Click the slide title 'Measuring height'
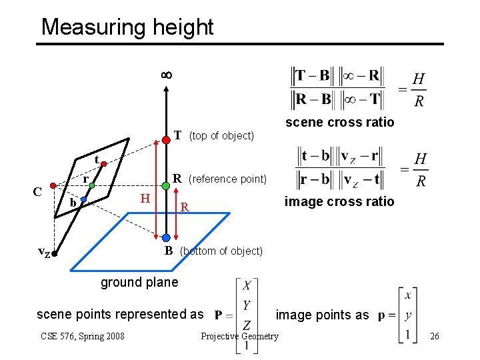(x=127, y=27)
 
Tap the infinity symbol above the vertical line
(x=166, y=75)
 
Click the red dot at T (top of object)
(x=165, y=139)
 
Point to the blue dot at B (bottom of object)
(x=165, y=238)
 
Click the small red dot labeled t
(x=105, y=163)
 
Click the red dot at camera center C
(x=53, y=187)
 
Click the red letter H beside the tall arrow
(x=145, y=198)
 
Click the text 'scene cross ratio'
(x=339, y=122)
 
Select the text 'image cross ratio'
(x=339, y=201)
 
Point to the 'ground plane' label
(x=139, y=282)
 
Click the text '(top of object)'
(x=221, y=136)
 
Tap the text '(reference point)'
(x=227, y=179)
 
